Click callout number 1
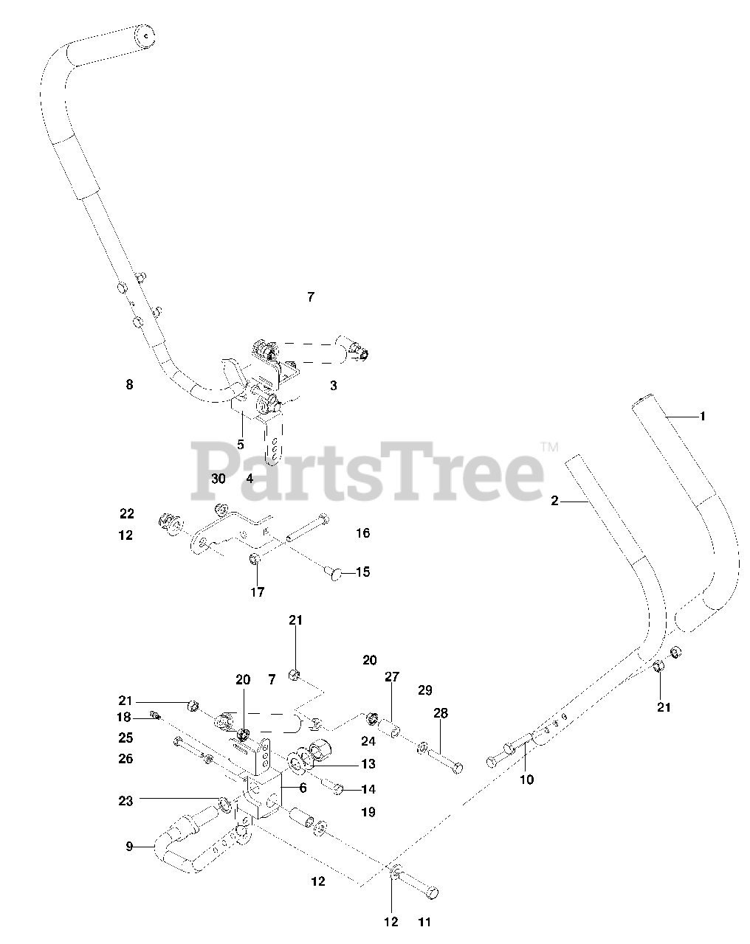point(702,417)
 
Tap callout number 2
point(554,502)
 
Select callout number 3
point(333,386)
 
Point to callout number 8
point(129,384)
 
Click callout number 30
point(218,478)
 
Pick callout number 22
point(127,514)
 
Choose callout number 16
point(362,533)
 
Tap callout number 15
point(362,572)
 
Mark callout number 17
point(258,591)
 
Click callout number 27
point(391,677)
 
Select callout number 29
point(424,690)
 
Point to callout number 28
point(441,713)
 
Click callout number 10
point(526,780)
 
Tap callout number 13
point(368,764)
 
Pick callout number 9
point(129,847)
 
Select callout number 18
point(123,717)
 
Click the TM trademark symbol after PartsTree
point(550,446)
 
